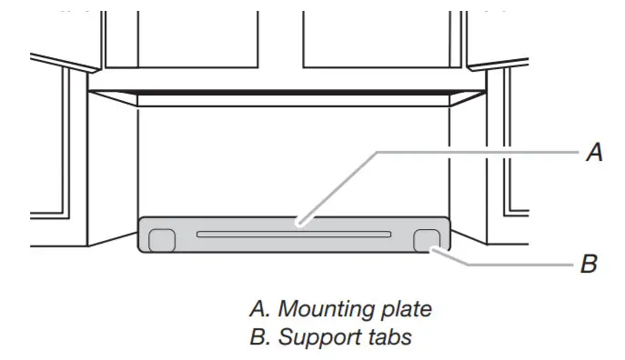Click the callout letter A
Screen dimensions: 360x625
(x=593, y=153)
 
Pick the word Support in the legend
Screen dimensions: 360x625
(x=311, y=338)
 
